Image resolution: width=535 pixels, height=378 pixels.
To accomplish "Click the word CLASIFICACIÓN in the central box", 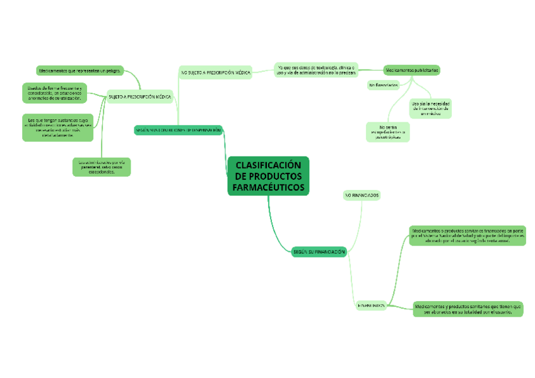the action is [268, 165].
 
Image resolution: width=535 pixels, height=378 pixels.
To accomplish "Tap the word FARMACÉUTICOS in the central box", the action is [268, 187].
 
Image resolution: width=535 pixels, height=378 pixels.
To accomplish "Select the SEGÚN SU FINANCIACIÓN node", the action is [319, 252].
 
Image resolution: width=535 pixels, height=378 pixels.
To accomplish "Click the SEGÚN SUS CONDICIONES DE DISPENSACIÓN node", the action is [178, 130].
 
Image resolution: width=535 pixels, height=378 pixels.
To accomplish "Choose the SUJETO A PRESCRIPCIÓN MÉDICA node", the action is [139, 97].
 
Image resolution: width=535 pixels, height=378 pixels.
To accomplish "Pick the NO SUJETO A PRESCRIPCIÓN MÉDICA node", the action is [216, 73].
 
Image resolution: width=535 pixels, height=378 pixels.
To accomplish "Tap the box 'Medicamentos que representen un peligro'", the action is [79, 70].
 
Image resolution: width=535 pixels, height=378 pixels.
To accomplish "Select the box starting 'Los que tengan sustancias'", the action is [57, 127].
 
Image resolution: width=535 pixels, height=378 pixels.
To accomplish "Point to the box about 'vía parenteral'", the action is [102, 167].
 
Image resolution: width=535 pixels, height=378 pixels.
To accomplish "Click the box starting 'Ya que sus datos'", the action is [316, 69].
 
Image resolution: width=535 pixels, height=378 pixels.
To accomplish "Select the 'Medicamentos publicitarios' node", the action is [412, 70].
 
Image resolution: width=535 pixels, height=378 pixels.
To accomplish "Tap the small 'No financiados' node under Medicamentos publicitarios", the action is [384, 85].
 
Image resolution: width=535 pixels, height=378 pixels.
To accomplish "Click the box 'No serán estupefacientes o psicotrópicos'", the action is [388, 131].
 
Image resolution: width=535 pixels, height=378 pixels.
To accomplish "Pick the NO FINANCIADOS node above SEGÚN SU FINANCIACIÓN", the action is [362, 196].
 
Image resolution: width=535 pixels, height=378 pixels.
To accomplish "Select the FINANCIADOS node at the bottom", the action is [371, 305].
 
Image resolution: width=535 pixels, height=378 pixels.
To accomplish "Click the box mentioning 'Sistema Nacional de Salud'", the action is [467, 235].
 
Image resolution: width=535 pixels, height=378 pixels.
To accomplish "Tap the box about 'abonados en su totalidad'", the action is [468, 309].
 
